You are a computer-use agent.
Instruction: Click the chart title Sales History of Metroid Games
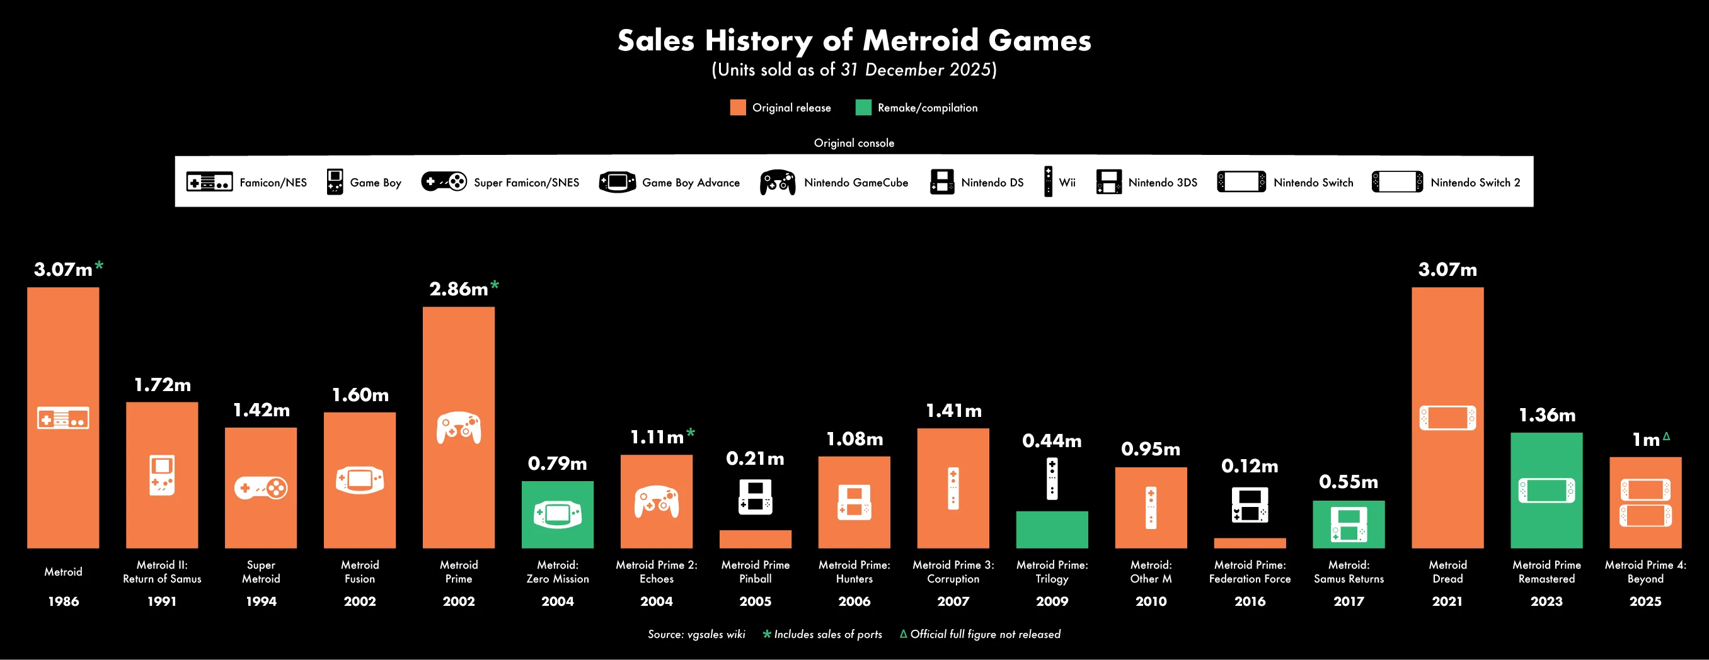tap(854, 40)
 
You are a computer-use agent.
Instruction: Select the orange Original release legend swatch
tap(738, 108)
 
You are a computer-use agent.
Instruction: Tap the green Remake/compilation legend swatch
tap(863, 108)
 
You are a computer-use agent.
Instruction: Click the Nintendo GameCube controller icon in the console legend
tap(778, 183)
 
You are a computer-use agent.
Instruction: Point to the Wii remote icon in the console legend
tap(1048, 182)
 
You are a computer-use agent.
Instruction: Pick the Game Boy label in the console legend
tap(376, 183)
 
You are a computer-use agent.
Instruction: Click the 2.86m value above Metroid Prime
tap(458, 289)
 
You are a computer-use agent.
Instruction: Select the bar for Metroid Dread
tap(1447, 418)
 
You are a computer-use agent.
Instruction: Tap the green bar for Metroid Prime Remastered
tap(1546, 491)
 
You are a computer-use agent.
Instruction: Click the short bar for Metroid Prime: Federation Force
tap(1249, 543)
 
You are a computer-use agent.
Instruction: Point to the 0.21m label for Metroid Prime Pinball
tap(755, 458)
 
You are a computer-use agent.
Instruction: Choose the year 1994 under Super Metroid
tap(261, 601)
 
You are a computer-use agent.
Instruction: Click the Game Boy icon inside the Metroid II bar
tap(162, 475)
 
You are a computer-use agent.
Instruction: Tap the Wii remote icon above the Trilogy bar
tap(1052, 479)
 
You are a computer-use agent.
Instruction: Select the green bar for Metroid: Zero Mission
tap(557, 515)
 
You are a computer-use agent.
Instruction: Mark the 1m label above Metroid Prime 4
tap(1645, 440)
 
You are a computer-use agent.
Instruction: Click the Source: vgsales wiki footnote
tap(696, 634)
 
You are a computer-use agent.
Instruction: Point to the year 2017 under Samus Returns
tap(1348, 601)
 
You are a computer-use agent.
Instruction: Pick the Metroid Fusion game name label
tap(360, 572)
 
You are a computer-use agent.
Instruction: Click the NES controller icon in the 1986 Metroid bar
tap(63, 418)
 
